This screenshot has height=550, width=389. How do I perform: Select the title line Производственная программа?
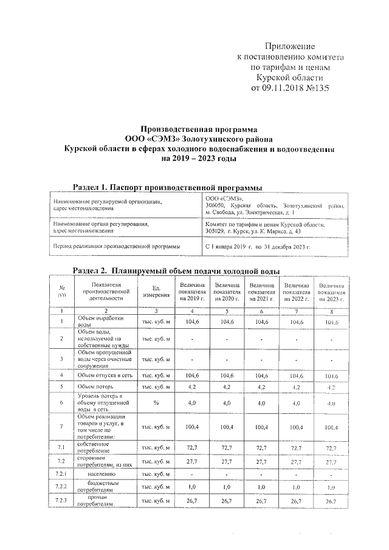(x=194, y=129)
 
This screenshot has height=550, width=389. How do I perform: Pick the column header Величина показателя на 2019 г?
(x=192, y=292)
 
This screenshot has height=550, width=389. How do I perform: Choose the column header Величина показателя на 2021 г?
(x=261, y=292)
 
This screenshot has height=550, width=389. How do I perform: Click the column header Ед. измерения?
(x=156, y=292)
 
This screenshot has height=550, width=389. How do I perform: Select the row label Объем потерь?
(x=98, y=386)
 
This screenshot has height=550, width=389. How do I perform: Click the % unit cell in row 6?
(x=156, y=402)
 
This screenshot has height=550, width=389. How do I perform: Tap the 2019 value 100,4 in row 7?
(x=192, y=428)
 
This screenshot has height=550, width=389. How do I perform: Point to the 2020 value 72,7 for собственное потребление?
(x=227, y=448)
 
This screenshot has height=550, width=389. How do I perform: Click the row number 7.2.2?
(x=61, y=487)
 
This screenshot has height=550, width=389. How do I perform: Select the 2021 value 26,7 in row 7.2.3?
(x=261, y=501)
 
